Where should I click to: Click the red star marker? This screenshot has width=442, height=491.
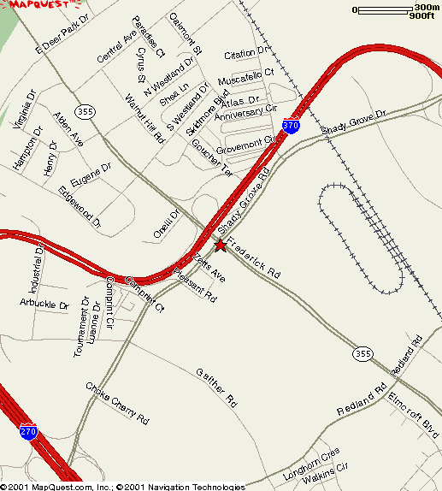point(220,245)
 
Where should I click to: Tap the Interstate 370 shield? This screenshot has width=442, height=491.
point(292,126)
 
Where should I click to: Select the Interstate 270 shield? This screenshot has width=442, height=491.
point(29,432)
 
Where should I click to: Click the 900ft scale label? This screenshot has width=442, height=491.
point(422,16)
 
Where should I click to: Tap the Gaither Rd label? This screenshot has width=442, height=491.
point(215,386)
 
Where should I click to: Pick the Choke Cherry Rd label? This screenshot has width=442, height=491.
point(117,402)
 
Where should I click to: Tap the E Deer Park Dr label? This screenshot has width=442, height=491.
point(62,34)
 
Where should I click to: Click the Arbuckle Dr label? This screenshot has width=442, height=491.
point(44,304)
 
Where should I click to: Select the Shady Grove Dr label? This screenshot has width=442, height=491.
point(354,124)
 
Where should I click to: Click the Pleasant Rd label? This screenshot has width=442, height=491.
point(195,285)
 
